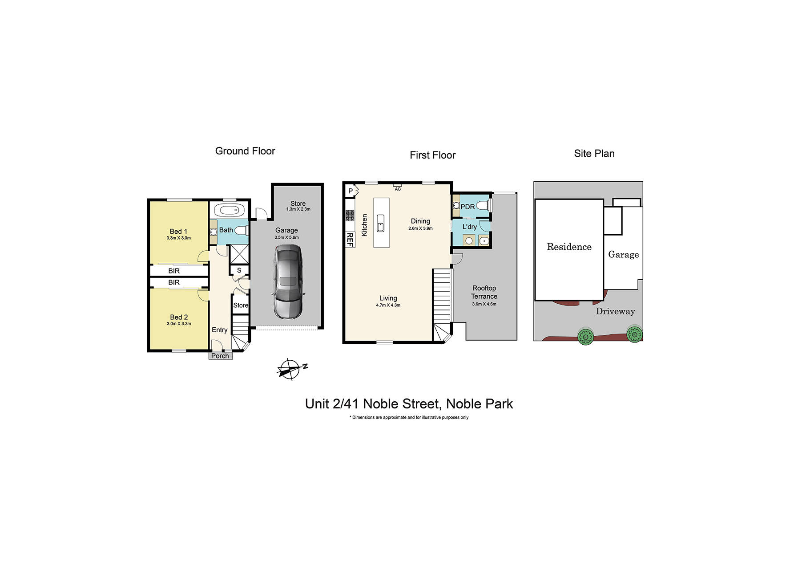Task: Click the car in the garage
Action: (x=288, y=281)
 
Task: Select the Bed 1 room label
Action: (x=178, y=231)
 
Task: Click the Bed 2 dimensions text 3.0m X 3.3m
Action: (x=179, y=324)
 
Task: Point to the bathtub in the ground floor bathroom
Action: (x=229, y=210)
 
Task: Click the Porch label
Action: (x=220, y=356)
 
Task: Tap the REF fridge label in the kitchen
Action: (x=350, y=240)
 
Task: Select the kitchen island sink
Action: (x=381, y=223)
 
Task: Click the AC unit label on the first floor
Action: (x=398, y=189)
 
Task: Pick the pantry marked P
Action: (x=351, y=191)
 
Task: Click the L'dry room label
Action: (x=469, y=227)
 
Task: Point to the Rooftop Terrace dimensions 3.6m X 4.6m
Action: (x=484, y=304)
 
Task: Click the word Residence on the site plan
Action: (x=569, y=247)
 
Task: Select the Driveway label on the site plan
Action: (x=615, y=311)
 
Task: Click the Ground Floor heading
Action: (x=245, y=151)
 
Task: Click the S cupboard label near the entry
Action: (x=239, y=270)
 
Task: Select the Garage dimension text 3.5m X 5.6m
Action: (x=286, y=237)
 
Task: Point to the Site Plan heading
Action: (x=594, y=154)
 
